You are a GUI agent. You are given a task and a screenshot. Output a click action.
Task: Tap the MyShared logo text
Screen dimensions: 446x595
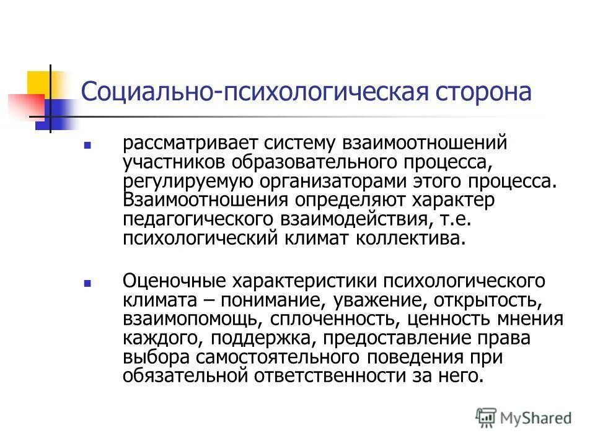(536, 417)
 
